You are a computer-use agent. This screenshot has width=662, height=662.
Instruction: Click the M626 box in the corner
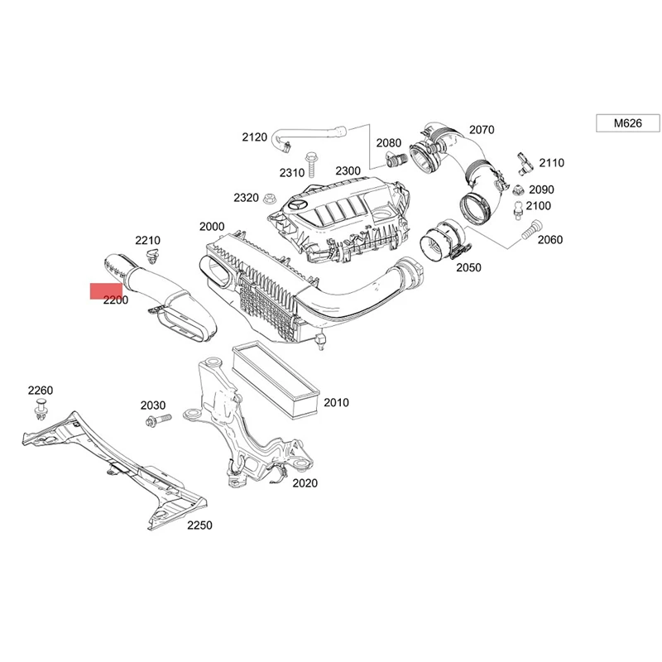click(x=626, y=123)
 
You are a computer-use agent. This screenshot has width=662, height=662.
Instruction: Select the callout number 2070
click(x=481, y=129)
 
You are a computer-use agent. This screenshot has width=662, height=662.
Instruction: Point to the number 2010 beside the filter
click(x=336, y=403)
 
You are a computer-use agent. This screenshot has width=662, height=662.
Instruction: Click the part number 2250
click(x=199, y=525)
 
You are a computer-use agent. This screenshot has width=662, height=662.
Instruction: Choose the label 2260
click(x=40, y=391)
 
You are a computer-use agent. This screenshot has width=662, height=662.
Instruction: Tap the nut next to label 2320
click(x=269, y=198)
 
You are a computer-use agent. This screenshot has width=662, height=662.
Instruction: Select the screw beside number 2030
click(x=156, y=422)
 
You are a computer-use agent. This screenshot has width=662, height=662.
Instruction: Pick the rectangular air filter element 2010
click(x=276, y=379)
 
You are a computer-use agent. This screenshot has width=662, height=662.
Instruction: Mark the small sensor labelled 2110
click(x=520, y=160)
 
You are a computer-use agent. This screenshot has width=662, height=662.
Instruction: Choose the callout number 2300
click(x=348, y=170)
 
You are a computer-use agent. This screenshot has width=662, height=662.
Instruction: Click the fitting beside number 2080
click(x=396, y=157)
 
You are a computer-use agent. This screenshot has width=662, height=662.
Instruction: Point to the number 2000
click(x=212, y=226)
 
